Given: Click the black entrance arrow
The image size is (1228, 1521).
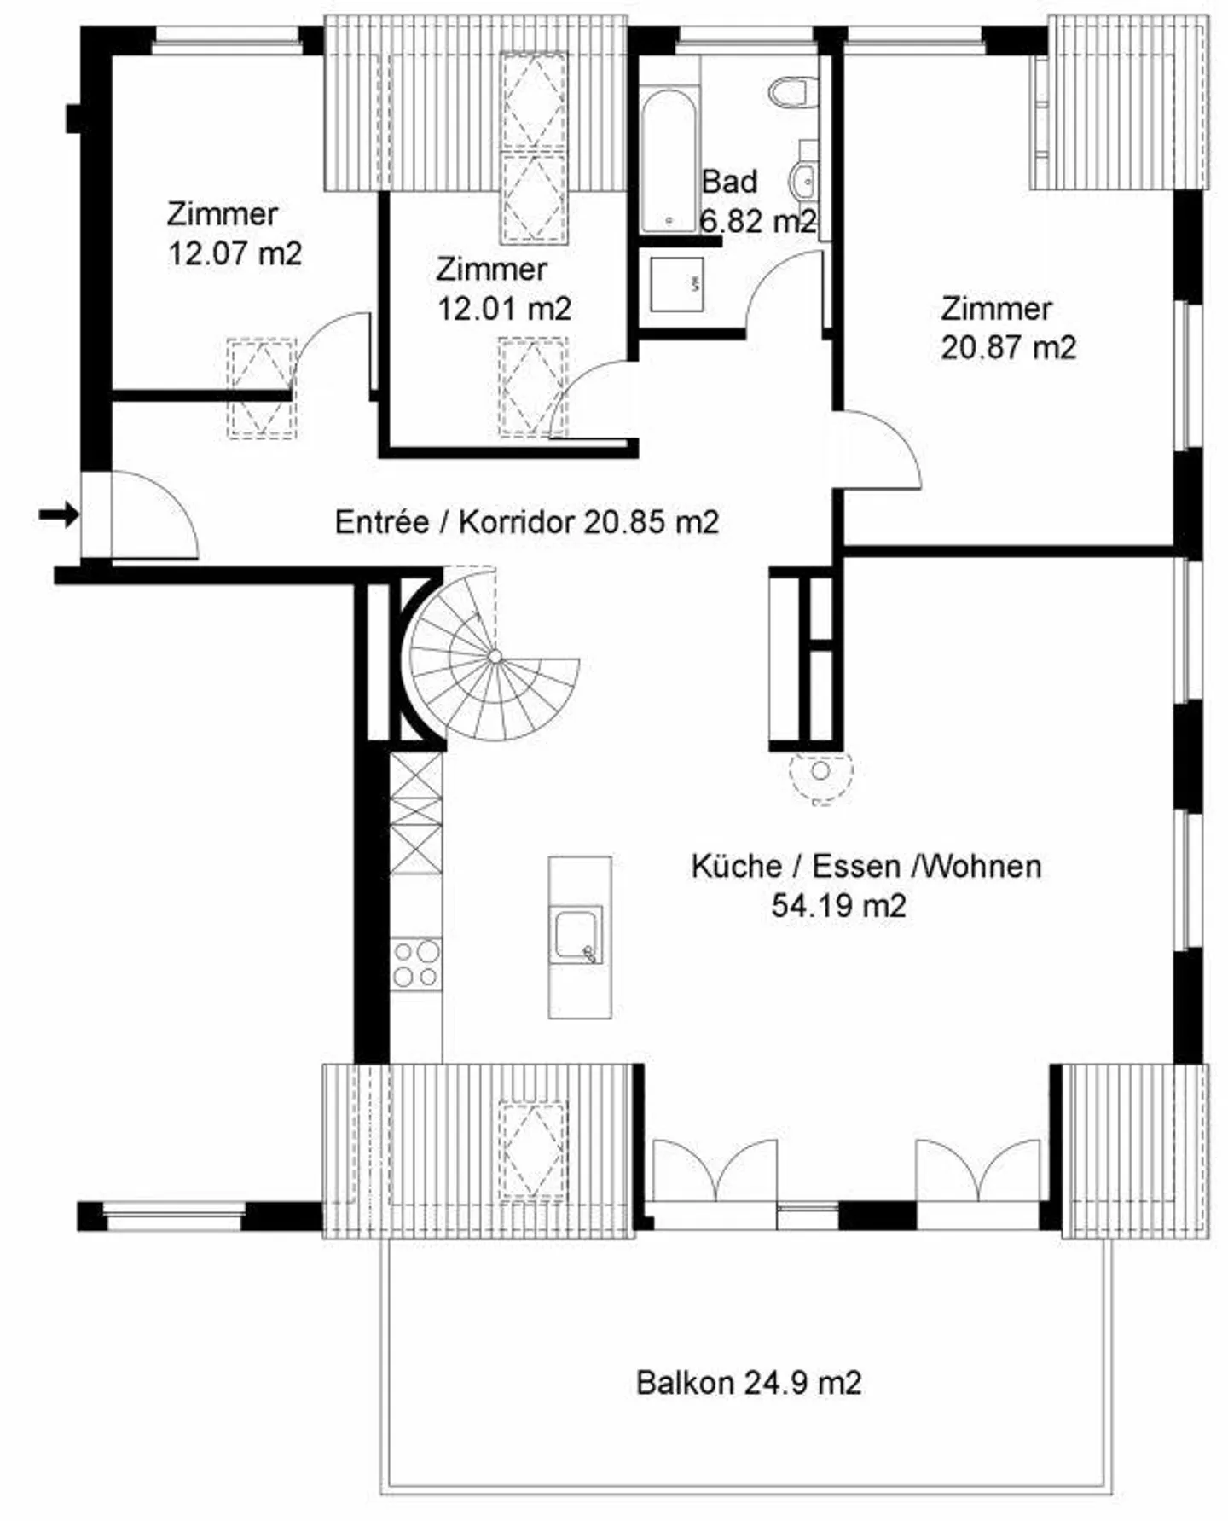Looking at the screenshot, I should [58, 514].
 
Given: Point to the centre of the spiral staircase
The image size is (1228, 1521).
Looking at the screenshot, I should [495, 656].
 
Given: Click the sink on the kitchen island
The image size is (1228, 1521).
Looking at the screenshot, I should [578, 935].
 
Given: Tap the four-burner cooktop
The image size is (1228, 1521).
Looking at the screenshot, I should [416, 963].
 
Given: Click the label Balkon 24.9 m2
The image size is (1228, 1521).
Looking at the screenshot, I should [749, 1382].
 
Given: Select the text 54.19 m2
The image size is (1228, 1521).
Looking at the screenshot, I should [837, 905].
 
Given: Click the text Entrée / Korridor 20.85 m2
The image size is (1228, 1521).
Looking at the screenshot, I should [526, 521].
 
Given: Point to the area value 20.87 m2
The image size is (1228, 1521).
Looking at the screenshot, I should [1008, 347].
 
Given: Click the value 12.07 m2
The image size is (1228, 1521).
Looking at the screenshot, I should [235, 253].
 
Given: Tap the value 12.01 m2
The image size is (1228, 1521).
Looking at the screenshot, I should [504, 308].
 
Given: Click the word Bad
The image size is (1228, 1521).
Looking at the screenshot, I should [729, 182].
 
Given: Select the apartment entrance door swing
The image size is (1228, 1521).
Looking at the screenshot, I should [153, 516].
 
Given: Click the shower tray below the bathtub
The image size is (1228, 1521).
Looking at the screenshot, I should [676, 283].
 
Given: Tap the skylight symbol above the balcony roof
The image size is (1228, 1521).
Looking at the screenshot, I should [533, 1152].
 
